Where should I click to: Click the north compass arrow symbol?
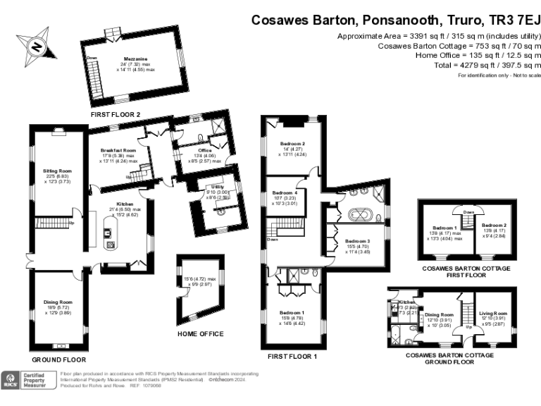pos(34,47)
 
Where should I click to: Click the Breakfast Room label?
pos(118,151)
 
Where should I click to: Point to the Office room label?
pos(205,151)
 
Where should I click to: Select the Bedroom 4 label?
pos(285,193)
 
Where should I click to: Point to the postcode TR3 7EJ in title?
pos(511,20)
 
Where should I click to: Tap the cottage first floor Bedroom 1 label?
pos(445,228)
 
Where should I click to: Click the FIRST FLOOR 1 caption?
pos(288,357)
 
